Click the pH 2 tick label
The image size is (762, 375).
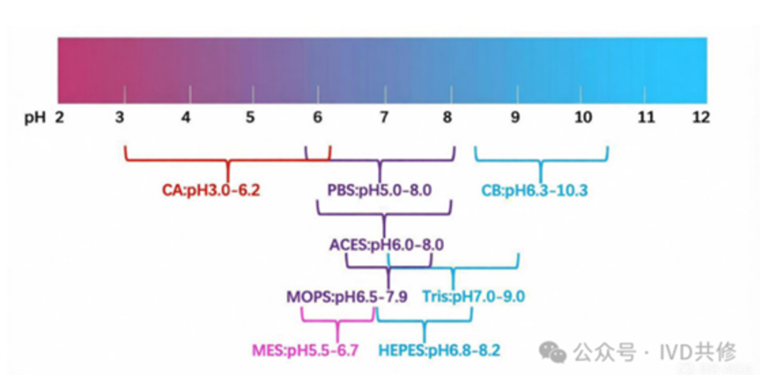[60, 118]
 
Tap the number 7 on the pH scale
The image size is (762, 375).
[384, 118]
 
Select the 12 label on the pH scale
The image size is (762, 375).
[700, 118]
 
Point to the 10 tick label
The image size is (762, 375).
[582, 118]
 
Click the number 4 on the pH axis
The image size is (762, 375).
[186, 118]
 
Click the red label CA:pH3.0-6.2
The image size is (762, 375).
[211, 190]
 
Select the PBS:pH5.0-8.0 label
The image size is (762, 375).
[380, 190]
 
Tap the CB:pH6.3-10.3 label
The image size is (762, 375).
[535, 190]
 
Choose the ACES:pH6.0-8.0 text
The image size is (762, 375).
[387, 244]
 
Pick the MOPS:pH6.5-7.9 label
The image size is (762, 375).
[347, 297]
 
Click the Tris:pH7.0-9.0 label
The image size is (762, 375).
[474, 297]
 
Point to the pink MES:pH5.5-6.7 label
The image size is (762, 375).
[305, 350]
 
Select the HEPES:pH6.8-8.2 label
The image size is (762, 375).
[440, 350]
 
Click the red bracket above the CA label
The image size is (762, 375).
[227, 160]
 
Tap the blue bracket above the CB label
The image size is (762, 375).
[541, 160]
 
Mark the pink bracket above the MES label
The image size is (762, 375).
[337, 321]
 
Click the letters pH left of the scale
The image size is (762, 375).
[35, 118]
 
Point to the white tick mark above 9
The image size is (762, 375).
[516, 95]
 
